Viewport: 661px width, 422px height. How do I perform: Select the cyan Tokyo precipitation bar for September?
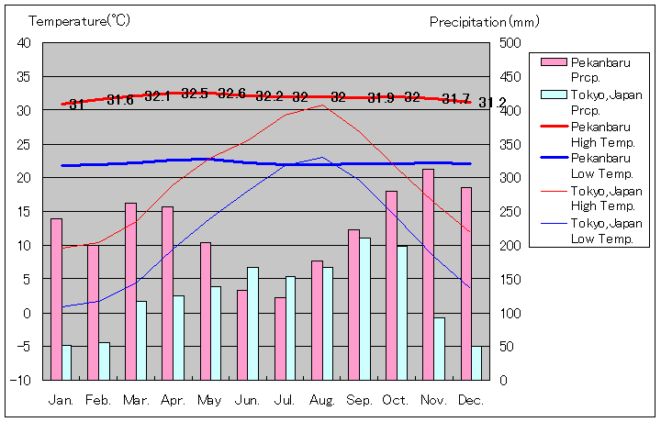coord(365,309)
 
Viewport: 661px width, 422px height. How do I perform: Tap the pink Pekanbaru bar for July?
coord(280,339)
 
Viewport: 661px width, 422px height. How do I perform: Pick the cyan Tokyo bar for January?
coord(66,362)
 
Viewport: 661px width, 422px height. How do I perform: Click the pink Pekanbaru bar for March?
coord(130,291)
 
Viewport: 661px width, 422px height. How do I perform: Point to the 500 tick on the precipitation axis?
coord(510,43)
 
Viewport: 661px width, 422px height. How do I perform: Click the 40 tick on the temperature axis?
coord(24,43)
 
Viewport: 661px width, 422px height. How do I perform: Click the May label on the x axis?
coord(209,401)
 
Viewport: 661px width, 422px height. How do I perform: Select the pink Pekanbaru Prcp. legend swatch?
coord(553,62)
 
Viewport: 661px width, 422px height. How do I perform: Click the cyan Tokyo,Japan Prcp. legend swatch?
coord(553,94)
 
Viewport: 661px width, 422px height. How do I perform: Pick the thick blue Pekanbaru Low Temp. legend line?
coord(553,159)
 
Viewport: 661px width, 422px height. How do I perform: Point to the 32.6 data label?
coord(231,94)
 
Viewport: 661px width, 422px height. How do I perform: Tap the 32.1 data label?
coord(157,95)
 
